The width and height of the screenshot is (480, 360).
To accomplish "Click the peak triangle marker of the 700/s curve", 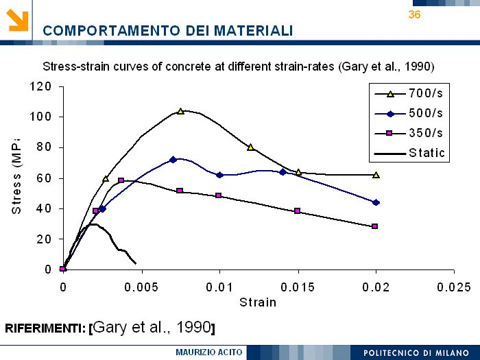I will (x=180, y=111).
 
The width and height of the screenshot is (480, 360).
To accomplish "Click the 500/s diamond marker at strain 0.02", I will (x=376, y=202).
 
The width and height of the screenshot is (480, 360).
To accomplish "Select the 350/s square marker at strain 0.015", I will (x=298, y=211).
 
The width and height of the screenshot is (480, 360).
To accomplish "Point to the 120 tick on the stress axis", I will (x=40, y=86).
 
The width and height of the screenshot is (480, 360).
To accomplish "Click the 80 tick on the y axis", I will (x=44, y=147).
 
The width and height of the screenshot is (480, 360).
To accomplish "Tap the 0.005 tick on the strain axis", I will (x=141, y=287).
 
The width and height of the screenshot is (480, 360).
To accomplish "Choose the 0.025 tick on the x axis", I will (x=454, y=287).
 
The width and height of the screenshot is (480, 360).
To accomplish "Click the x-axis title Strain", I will (x=258, y=302).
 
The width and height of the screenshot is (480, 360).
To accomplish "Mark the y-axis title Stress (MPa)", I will (x=17, y=175).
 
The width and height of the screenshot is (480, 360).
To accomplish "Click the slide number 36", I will (x=414, y=14).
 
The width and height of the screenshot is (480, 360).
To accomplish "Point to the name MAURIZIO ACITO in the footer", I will (x=209, y=352).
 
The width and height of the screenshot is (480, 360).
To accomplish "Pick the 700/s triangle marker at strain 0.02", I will (x=376, y=175).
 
